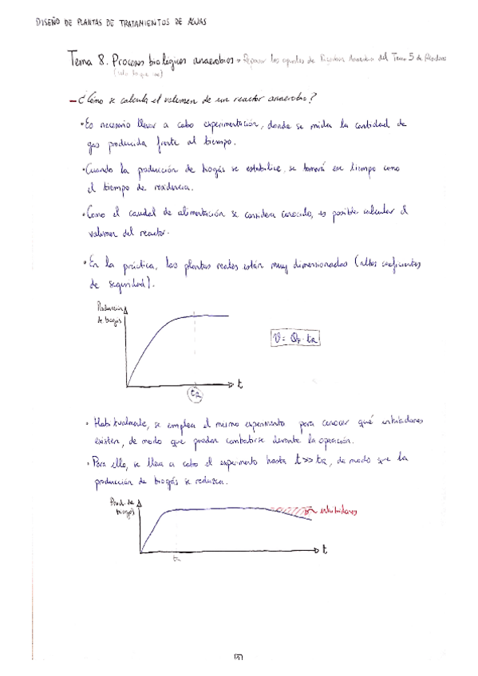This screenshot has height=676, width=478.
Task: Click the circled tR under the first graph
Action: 196,394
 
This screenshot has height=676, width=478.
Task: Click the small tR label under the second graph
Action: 176,559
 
